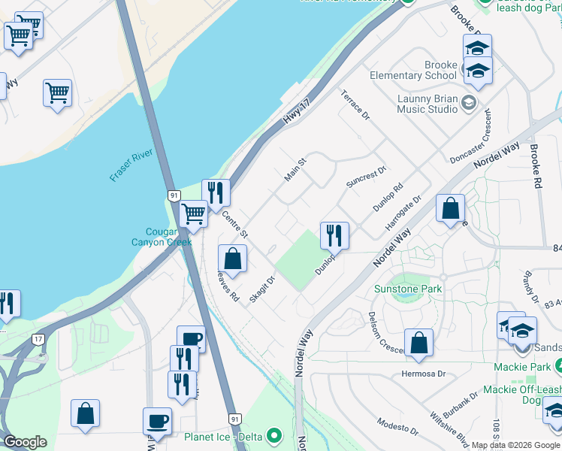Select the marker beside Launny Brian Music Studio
pos(469,103)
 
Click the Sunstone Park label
pos(409,289)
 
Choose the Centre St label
pos(234,225)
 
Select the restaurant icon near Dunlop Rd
pos(334,235)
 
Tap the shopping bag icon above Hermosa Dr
pos(418,342)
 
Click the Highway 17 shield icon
pos(38,339)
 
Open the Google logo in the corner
pos(25,442)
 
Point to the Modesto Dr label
pos(397,427)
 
